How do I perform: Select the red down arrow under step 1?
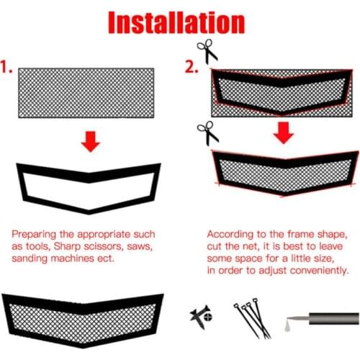(x=89, y=141)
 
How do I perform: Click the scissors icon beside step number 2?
(x=208, y=52)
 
